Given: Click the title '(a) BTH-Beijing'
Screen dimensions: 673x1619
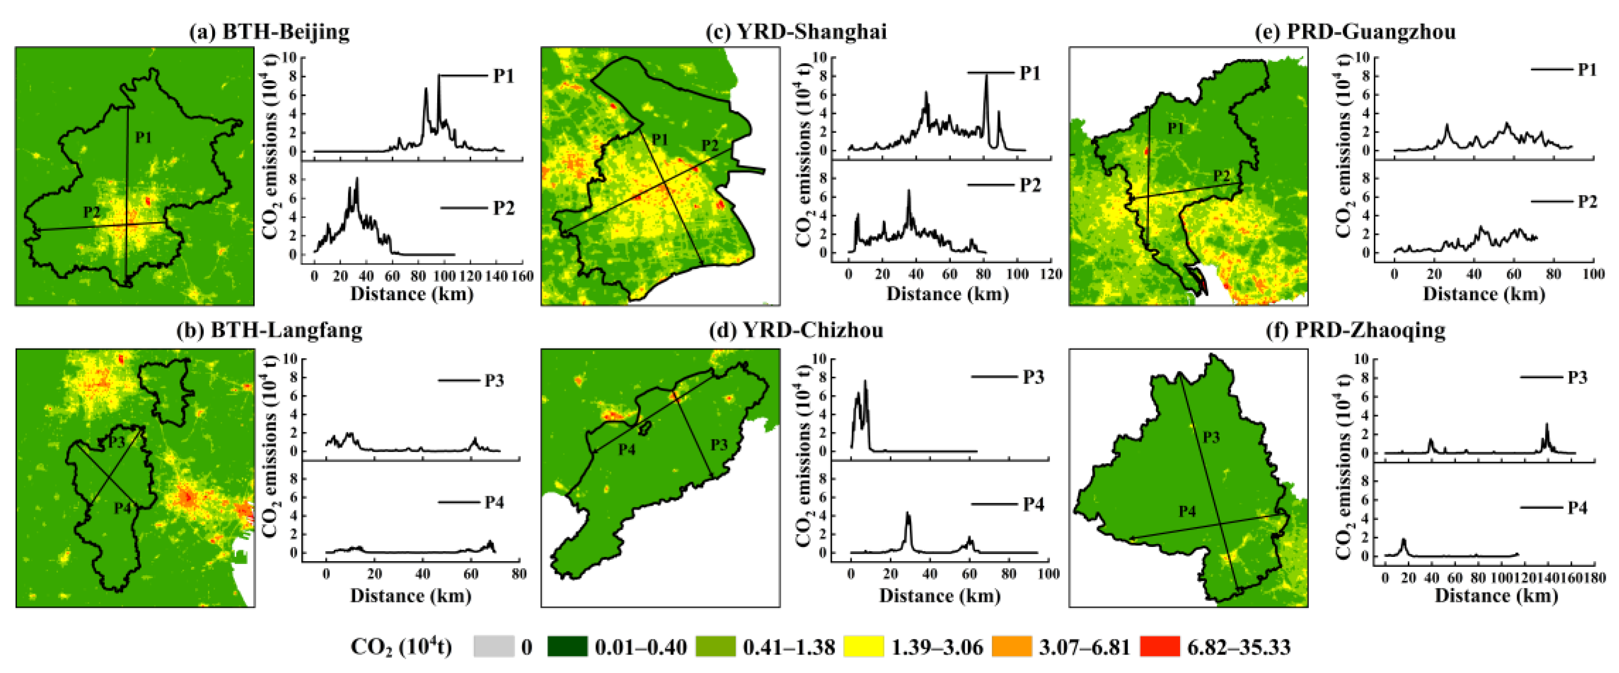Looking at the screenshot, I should coord(269,32).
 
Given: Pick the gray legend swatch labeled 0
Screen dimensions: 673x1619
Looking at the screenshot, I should coord(493,647).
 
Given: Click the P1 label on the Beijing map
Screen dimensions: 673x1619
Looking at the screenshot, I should coord(143,137).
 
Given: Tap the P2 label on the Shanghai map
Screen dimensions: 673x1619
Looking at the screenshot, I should coord(710,145).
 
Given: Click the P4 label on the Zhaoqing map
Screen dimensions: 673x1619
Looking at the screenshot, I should coord(1187,511).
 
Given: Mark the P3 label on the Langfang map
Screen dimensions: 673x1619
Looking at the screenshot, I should coord(117,442).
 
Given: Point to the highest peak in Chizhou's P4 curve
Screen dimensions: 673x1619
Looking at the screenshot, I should coord(907,514).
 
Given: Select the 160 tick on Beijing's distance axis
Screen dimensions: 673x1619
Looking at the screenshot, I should coord(522,276).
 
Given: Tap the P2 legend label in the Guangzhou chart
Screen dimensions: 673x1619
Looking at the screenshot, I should coord(1587,202).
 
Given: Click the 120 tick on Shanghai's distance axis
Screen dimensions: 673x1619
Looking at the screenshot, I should coord(1051,274).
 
